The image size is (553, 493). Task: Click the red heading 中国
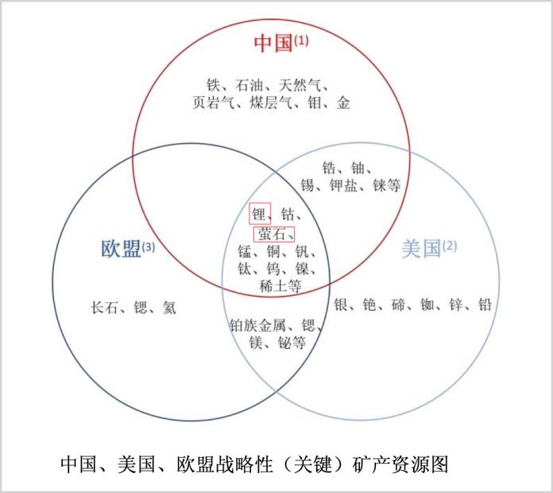[273, 44]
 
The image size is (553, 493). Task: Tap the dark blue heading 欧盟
[121, 248]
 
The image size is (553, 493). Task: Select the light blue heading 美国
[421, 248]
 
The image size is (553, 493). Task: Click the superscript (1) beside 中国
[301, 41]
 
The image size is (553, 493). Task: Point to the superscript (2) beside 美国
[450, 245]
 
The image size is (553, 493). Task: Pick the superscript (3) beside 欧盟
[148, 246]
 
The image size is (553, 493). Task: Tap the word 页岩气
[213, 103]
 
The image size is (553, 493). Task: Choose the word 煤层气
[270, 103]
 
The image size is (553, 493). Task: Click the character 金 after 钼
[342, 103]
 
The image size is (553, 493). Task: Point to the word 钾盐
[343, 185]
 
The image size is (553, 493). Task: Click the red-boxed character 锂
[259, 214]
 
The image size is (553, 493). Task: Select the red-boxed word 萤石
[271, 234]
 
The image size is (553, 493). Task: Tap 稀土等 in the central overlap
[280, 285]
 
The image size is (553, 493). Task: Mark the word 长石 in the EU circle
[104, 308]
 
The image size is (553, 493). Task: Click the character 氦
[169, 308]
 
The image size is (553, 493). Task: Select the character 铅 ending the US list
[485, 305]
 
